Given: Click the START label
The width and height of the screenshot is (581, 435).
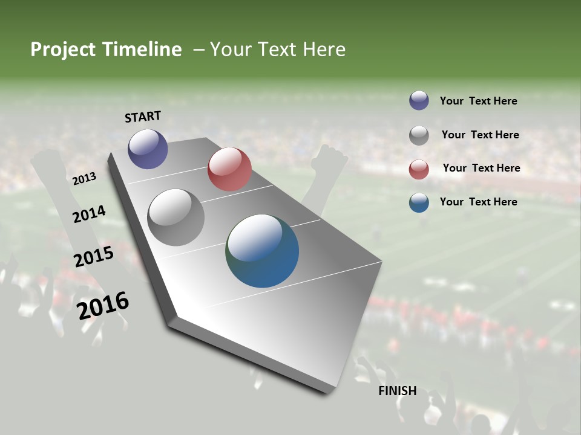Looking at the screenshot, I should pyautogui.click(x=143, y=117).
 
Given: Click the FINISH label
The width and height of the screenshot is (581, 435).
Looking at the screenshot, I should pyautogui.click(x=398, y=391).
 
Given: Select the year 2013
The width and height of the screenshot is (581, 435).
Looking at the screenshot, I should pyautogui.click(x=85, y=179).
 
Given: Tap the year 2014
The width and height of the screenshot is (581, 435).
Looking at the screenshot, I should pyautogui.click(x=90, y=214).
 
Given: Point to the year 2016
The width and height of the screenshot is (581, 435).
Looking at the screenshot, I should pyautogui.click(x=103, y=306).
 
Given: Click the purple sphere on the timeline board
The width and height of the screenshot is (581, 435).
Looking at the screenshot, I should pyautogui.click(x=148, y=149).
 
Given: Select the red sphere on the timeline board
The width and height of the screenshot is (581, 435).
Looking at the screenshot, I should pyautogui.click(x=229, y=169).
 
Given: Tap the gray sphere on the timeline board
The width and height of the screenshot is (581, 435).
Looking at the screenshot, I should pyautogui.click(x=176, y=217).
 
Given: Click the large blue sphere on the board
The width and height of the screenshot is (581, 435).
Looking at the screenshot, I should pyautogui.click(x=262, y=251).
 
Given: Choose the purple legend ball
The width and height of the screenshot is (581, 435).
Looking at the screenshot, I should pyautogui.click(x=419, y=101).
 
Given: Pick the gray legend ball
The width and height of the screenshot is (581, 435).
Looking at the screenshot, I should pyautogui.click(x=419, y=135).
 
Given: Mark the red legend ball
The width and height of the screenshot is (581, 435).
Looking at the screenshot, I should pyautogui.click(x=419, y=169).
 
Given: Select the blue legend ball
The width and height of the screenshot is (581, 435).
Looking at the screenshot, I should pyautogui.click(x=419, y=202).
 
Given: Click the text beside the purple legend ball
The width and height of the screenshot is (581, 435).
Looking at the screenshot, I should pyautogui.click(x=478, y=101).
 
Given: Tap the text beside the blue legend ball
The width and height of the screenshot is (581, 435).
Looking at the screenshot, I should pyautogui.click(x=478, y=202).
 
